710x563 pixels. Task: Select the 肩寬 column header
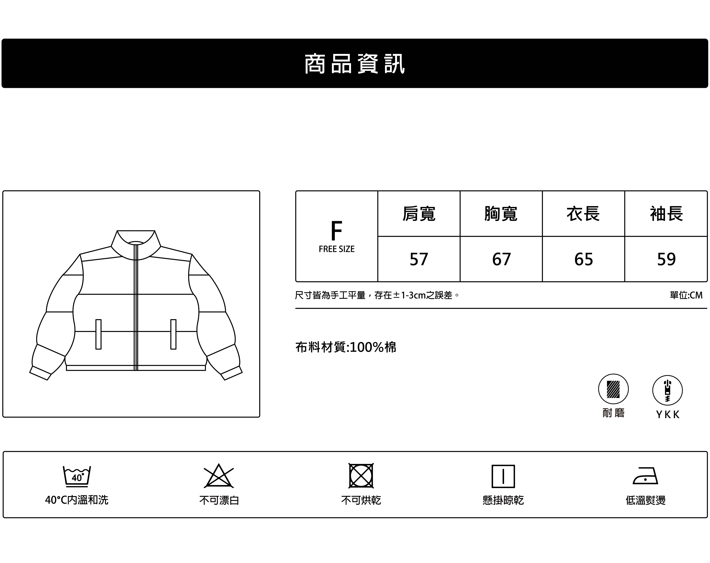[x=419, y=214]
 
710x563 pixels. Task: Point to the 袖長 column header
[x=666, y=214]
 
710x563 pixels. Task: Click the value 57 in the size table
[x=419, y=259]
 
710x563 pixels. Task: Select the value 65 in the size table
[x=584, y=259]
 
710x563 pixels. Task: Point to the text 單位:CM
[x=686, y=295]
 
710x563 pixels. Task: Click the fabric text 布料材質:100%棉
[x=346, y=347]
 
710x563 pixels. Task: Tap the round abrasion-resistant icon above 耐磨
[x=613, y=389]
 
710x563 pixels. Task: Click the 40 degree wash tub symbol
[x=77, y=476]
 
